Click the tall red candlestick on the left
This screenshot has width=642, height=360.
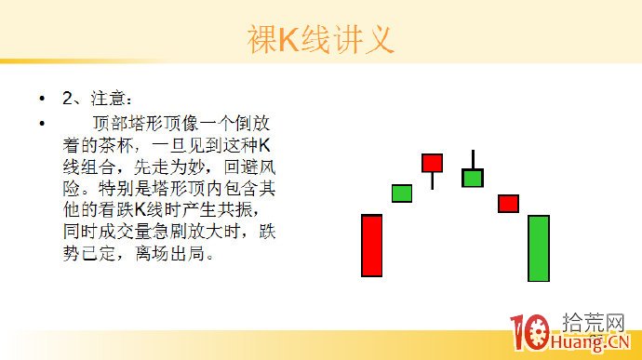[x=371, y=246]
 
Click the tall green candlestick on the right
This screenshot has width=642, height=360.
[x=538, y=248]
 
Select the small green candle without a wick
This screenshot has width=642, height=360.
[x=401, y=193]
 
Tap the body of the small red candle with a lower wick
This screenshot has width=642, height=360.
[x=432, y=164]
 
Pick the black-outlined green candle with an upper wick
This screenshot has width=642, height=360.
[x=473, y=178]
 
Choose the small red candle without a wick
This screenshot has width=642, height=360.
[x=508, y=203]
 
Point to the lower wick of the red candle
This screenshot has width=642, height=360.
[x=432, y=180]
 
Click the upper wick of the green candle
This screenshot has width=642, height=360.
[x=473, y=159]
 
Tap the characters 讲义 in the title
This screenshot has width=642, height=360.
[x=363, y=40]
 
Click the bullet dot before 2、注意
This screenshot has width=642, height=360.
[x=41, y=98]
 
